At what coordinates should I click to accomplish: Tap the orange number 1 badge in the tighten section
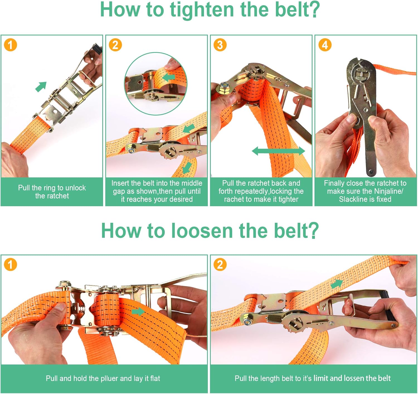pos(11,45)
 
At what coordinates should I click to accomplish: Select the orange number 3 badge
pos(220,45)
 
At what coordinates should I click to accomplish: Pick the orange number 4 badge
pos(325,45)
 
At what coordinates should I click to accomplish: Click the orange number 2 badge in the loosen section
pos(220,265)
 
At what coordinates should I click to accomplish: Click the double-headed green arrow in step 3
pos(278,151)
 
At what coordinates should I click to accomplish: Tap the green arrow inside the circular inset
pos(169,77)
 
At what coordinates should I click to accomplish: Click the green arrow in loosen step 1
pos(138,312)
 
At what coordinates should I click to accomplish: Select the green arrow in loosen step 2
pos(337,284)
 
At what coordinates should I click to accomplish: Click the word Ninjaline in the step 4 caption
pos(386,191)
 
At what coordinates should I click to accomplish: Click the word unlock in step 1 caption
pos(75,188)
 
